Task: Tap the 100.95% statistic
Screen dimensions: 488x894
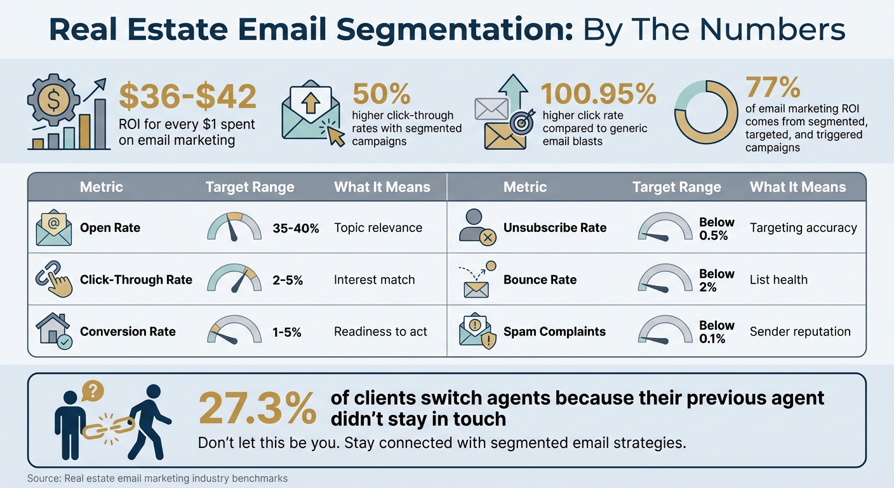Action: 598,95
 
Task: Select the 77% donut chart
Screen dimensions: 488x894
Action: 705,112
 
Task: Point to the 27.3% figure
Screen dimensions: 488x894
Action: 257,409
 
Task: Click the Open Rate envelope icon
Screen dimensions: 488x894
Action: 54,228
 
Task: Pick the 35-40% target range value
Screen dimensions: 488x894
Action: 295,228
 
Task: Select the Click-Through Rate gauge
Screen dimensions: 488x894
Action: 234,279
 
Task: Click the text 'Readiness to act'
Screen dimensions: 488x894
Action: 380,331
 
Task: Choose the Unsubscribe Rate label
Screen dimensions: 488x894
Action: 555,227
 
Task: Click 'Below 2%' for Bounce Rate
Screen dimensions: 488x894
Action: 716,280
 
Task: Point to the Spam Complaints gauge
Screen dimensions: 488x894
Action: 664,331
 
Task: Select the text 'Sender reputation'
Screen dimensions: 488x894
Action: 799,331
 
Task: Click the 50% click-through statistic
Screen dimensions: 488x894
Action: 381,94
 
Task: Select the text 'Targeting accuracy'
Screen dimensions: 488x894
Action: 803,227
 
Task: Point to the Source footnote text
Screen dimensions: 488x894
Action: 157,478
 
